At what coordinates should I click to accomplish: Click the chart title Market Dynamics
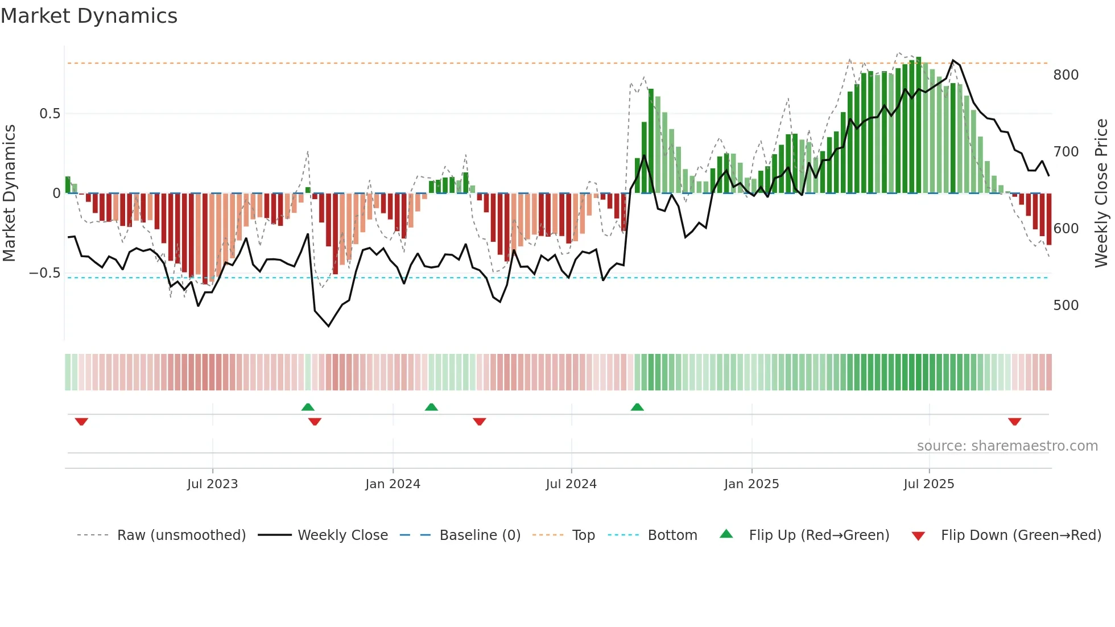[89, 16]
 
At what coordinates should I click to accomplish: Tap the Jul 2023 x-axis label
[212, 484]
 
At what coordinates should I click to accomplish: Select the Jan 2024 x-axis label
[393, 484]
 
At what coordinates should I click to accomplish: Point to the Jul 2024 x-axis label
[571, 484]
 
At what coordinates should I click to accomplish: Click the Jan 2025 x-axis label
[751, 484]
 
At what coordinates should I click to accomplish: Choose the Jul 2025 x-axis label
[929, 484]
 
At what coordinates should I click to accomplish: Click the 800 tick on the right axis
[1066, 75]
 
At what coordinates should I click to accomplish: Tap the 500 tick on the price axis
[1066, 306]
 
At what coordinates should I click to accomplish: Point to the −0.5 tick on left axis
[44, 273]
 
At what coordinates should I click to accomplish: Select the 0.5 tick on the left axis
[49, 114]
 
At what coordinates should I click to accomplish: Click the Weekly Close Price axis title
[1101, 193]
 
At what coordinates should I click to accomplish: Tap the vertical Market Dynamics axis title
[9, 193]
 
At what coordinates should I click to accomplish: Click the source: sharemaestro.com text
[1007, 446]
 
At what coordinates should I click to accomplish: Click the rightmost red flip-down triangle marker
[1014, 422]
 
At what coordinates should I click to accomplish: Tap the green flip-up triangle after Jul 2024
[637, 407]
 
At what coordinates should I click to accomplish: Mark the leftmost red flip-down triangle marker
[81, 422]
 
